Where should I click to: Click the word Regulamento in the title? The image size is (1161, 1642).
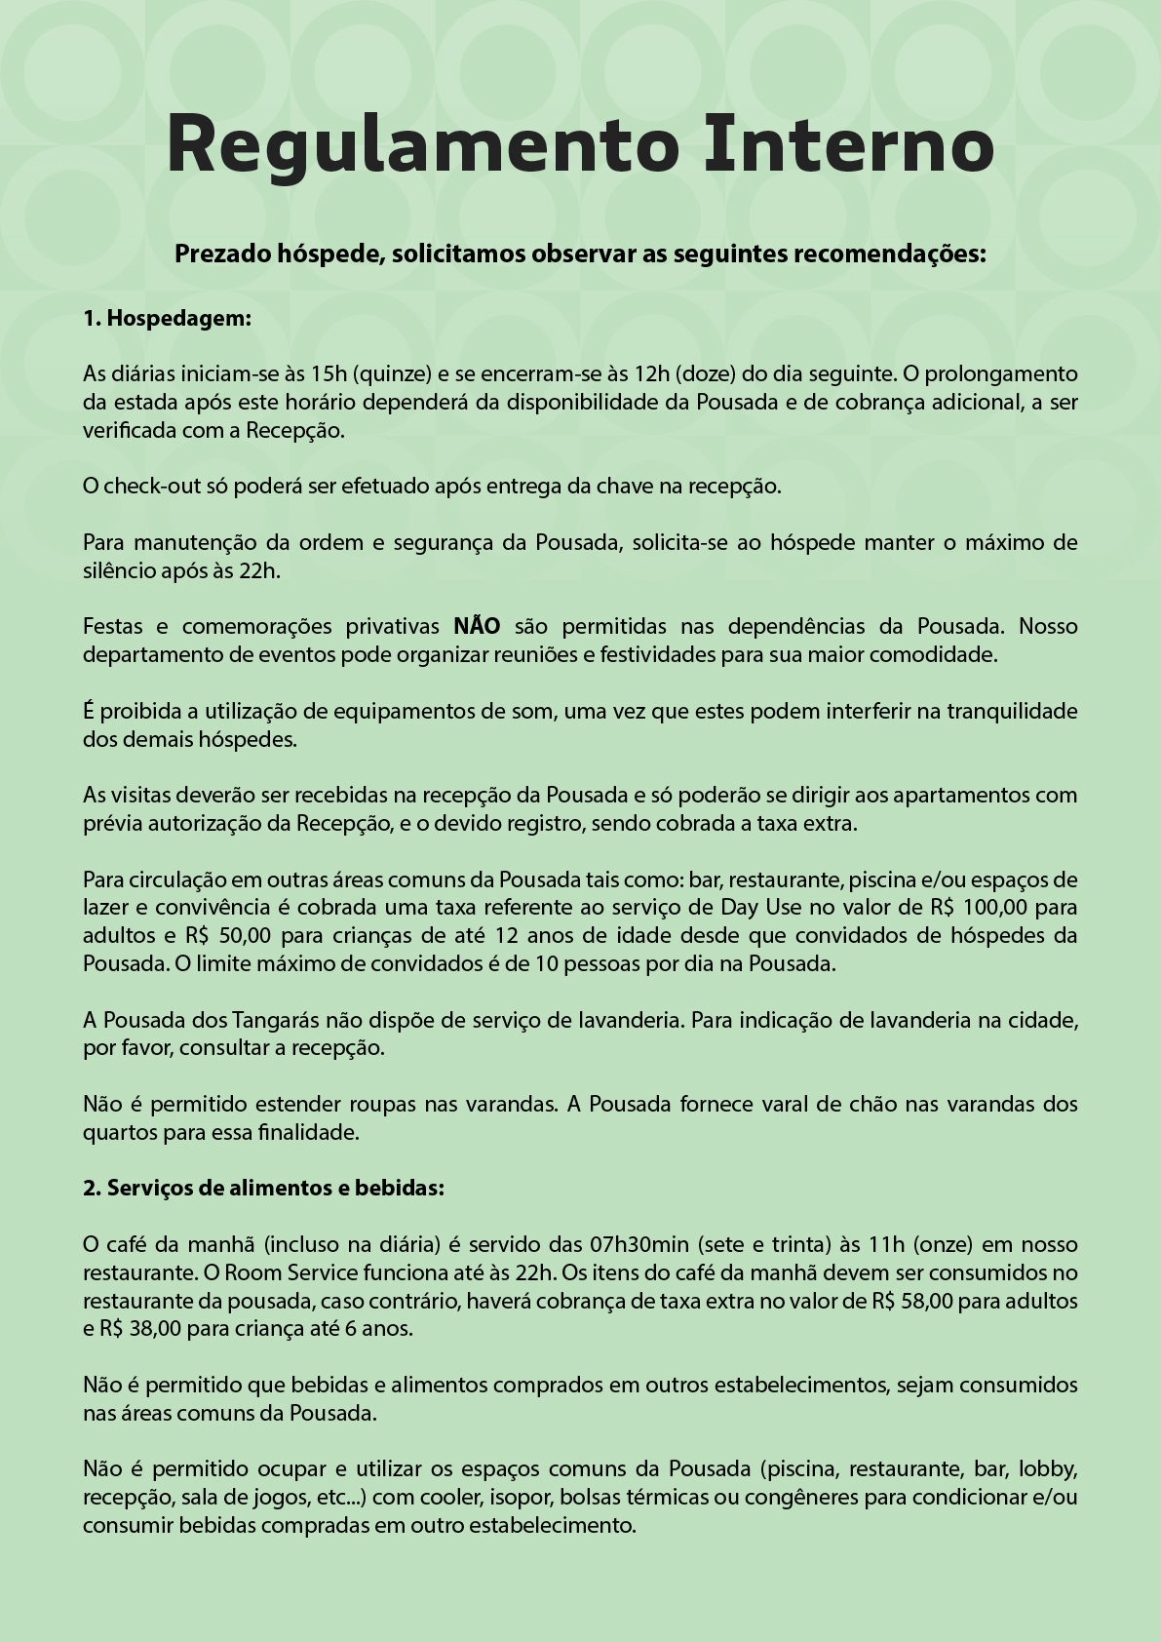pyautogui.click(x=422, y=144)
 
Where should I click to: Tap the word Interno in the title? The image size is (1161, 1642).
pyautogui.click(x=849, y=144)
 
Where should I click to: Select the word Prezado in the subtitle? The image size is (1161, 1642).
pyautogui.click(x=221, y=254)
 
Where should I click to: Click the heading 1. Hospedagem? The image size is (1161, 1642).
pyautogui.click(x=167, y=318)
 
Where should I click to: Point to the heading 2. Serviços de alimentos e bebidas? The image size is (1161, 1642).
pyautogui.click(x=263, y=1188)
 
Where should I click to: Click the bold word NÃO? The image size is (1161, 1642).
pyautogui.click(x=477, y=626)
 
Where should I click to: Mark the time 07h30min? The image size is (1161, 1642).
pyautogui.click(x=640, y=1244)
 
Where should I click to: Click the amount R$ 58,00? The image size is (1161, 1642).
pyautogui.click(x=912, y=1301)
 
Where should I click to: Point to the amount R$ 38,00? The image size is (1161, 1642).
pyautogui.click(x=140, y=1328)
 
